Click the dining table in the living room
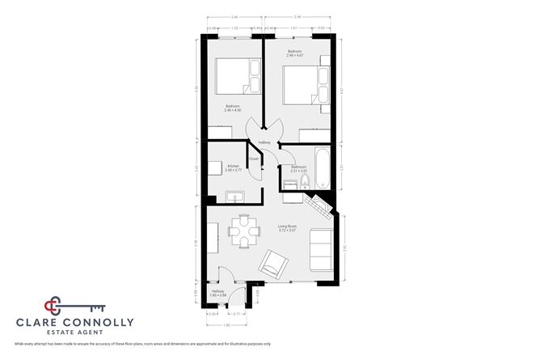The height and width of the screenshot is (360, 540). tap(243, 232)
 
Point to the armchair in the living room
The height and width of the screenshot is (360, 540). tap(272, 262)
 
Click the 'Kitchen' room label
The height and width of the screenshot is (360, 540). tap(234, 167)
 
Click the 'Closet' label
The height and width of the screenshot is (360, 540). tap(254, 159)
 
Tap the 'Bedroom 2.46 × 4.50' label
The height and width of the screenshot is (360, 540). tap(233, 108)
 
